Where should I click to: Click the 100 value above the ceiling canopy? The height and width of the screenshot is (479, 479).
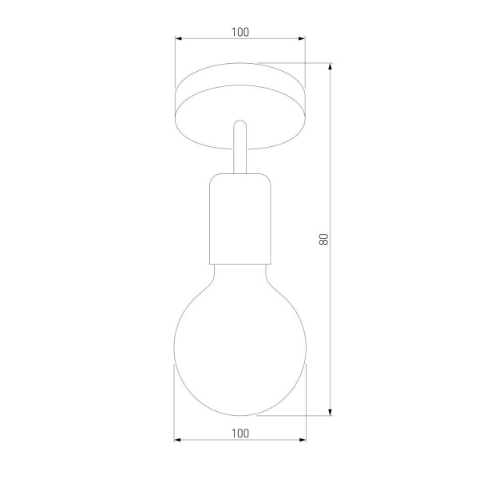click(x=239, y=32)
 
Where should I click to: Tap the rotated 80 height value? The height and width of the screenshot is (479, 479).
click(x=323, y=239)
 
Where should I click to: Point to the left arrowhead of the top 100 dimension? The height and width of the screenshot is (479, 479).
click(x=179, y=38)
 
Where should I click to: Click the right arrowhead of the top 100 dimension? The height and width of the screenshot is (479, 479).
click(x=301, y=38)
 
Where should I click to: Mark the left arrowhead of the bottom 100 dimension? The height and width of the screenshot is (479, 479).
click(x=179, y=440)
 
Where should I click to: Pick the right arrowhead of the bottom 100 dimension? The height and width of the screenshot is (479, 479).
click(x=301, y=440)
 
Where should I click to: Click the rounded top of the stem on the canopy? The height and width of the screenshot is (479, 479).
click(x=239, y=125)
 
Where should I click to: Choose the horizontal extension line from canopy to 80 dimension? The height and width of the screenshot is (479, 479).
click(x=295, y=64)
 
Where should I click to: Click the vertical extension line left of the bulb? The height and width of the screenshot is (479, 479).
click(x=175, y=399)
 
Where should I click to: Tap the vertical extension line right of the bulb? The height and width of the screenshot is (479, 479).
click(x=305, y=399)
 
